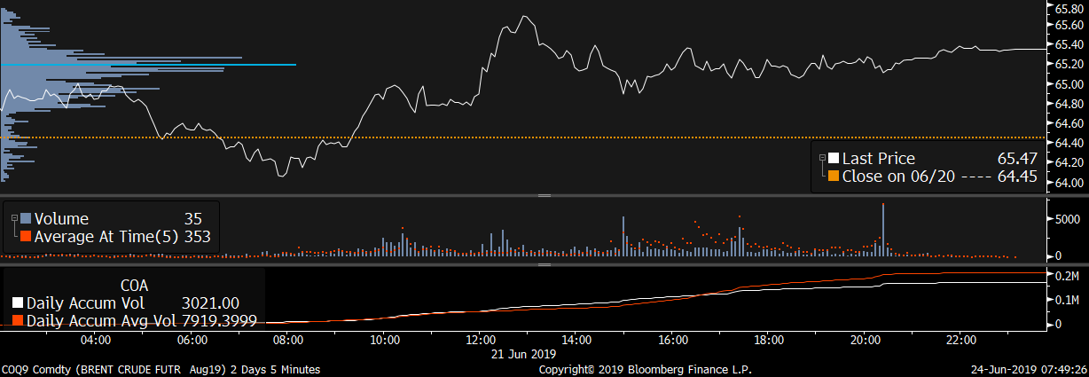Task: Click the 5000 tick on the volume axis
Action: coord(1064,218)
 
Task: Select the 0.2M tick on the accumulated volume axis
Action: coord(1067,277)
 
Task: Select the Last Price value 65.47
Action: coord(1017,159)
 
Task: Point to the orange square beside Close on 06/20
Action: coord(833,176)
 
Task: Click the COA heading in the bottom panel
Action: coord(133,286)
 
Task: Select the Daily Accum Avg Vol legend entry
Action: coord(98,319)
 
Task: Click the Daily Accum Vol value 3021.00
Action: coord(210,303)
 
